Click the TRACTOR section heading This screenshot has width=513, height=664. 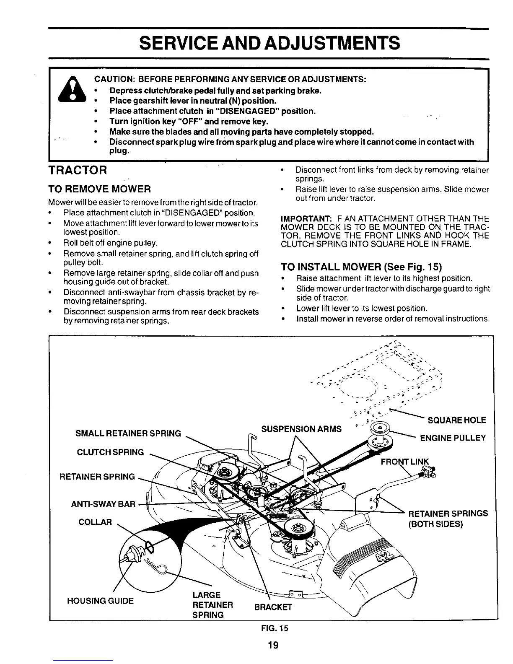[x=78, y=171]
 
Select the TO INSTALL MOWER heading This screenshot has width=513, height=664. [x=361, y=267]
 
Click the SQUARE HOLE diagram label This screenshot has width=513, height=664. [x=456, y=420]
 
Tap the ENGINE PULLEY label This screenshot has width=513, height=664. [x=453, y=438]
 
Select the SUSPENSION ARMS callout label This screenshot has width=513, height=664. [x=301, y=429]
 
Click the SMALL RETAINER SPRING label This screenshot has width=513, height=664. [x=128, y=433]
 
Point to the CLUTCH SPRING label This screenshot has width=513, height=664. [x=110, y=452]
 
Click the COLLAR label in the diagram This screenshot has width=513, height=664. [x=95, y=522]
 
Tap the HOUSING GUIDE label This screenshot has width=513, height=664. [x=100, y=601]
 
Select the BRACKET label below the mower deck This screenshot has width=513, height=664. [x=272, y=608]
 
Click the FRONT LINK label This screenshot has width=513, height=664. [x=404, y=462]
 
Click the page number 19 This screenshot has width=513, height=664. [x=273, y=645]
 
